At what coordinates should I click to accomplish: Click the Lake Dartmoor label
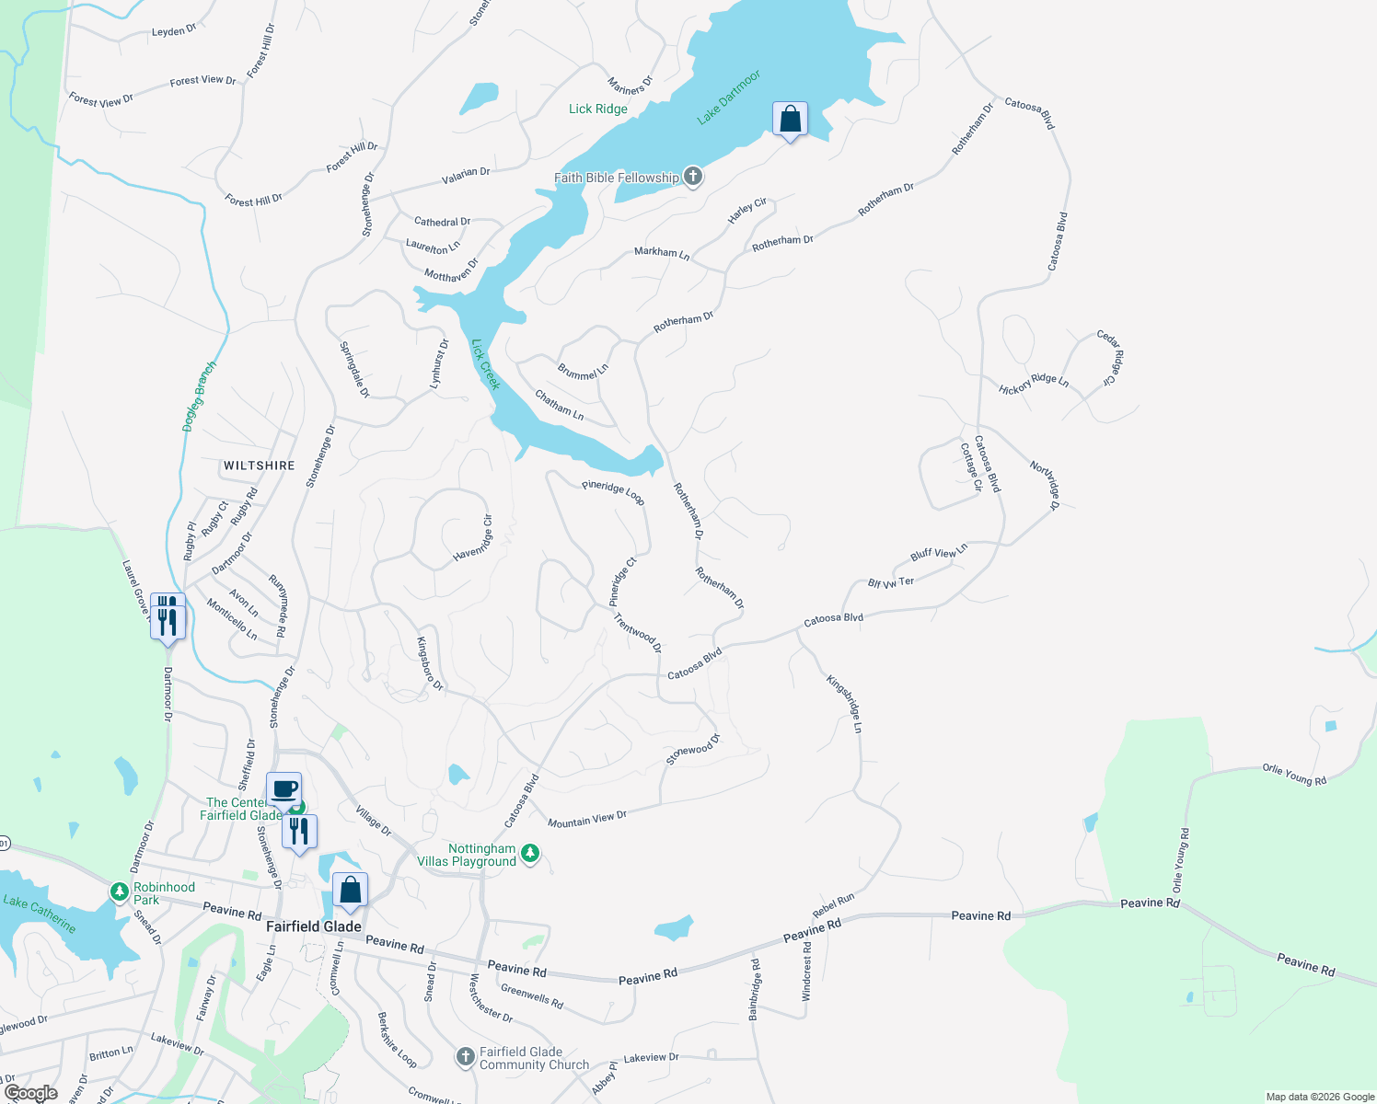point(729,97)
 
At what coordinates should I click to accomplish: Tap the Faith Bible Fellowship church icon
point(693,177)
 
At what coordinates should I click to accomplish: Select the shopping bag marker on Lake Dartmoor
point(790,120)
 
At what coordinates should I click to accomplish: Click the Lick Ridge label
point(598,109)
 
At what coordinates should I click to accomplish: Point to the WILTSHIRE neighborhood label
point(260,466)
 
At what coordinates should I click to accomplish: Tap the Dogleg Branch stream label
point(200,397)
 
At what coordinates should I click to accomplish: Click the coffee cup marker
point(284,789)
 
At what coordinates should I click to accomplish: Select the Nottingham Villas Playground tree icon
point(529,854)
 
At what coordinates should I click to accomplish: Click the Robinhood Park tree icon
point(119,892)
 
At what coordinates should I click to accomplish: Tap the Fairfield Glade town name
point(314,926)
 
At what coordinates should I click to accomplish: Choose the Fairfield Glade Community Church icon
point(467,1057)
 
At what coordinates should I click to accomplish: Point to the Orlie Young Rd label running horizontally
point(1294,775)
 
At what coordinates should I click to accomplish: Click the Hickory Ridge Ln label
point(1034,384)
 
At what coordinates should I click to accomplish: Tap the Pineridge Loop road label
point(613,492)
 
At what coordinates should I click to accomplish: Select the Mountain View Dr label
point(586,819)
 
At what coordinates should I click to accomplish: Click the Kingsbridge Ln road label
point(845,704)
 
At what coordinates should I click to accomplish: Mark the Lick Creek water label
point(485,364)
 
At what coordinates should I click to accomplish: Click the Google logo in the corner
point(31,1093)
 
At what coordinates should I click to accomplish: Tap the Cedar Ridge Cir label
point(1111,358)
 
